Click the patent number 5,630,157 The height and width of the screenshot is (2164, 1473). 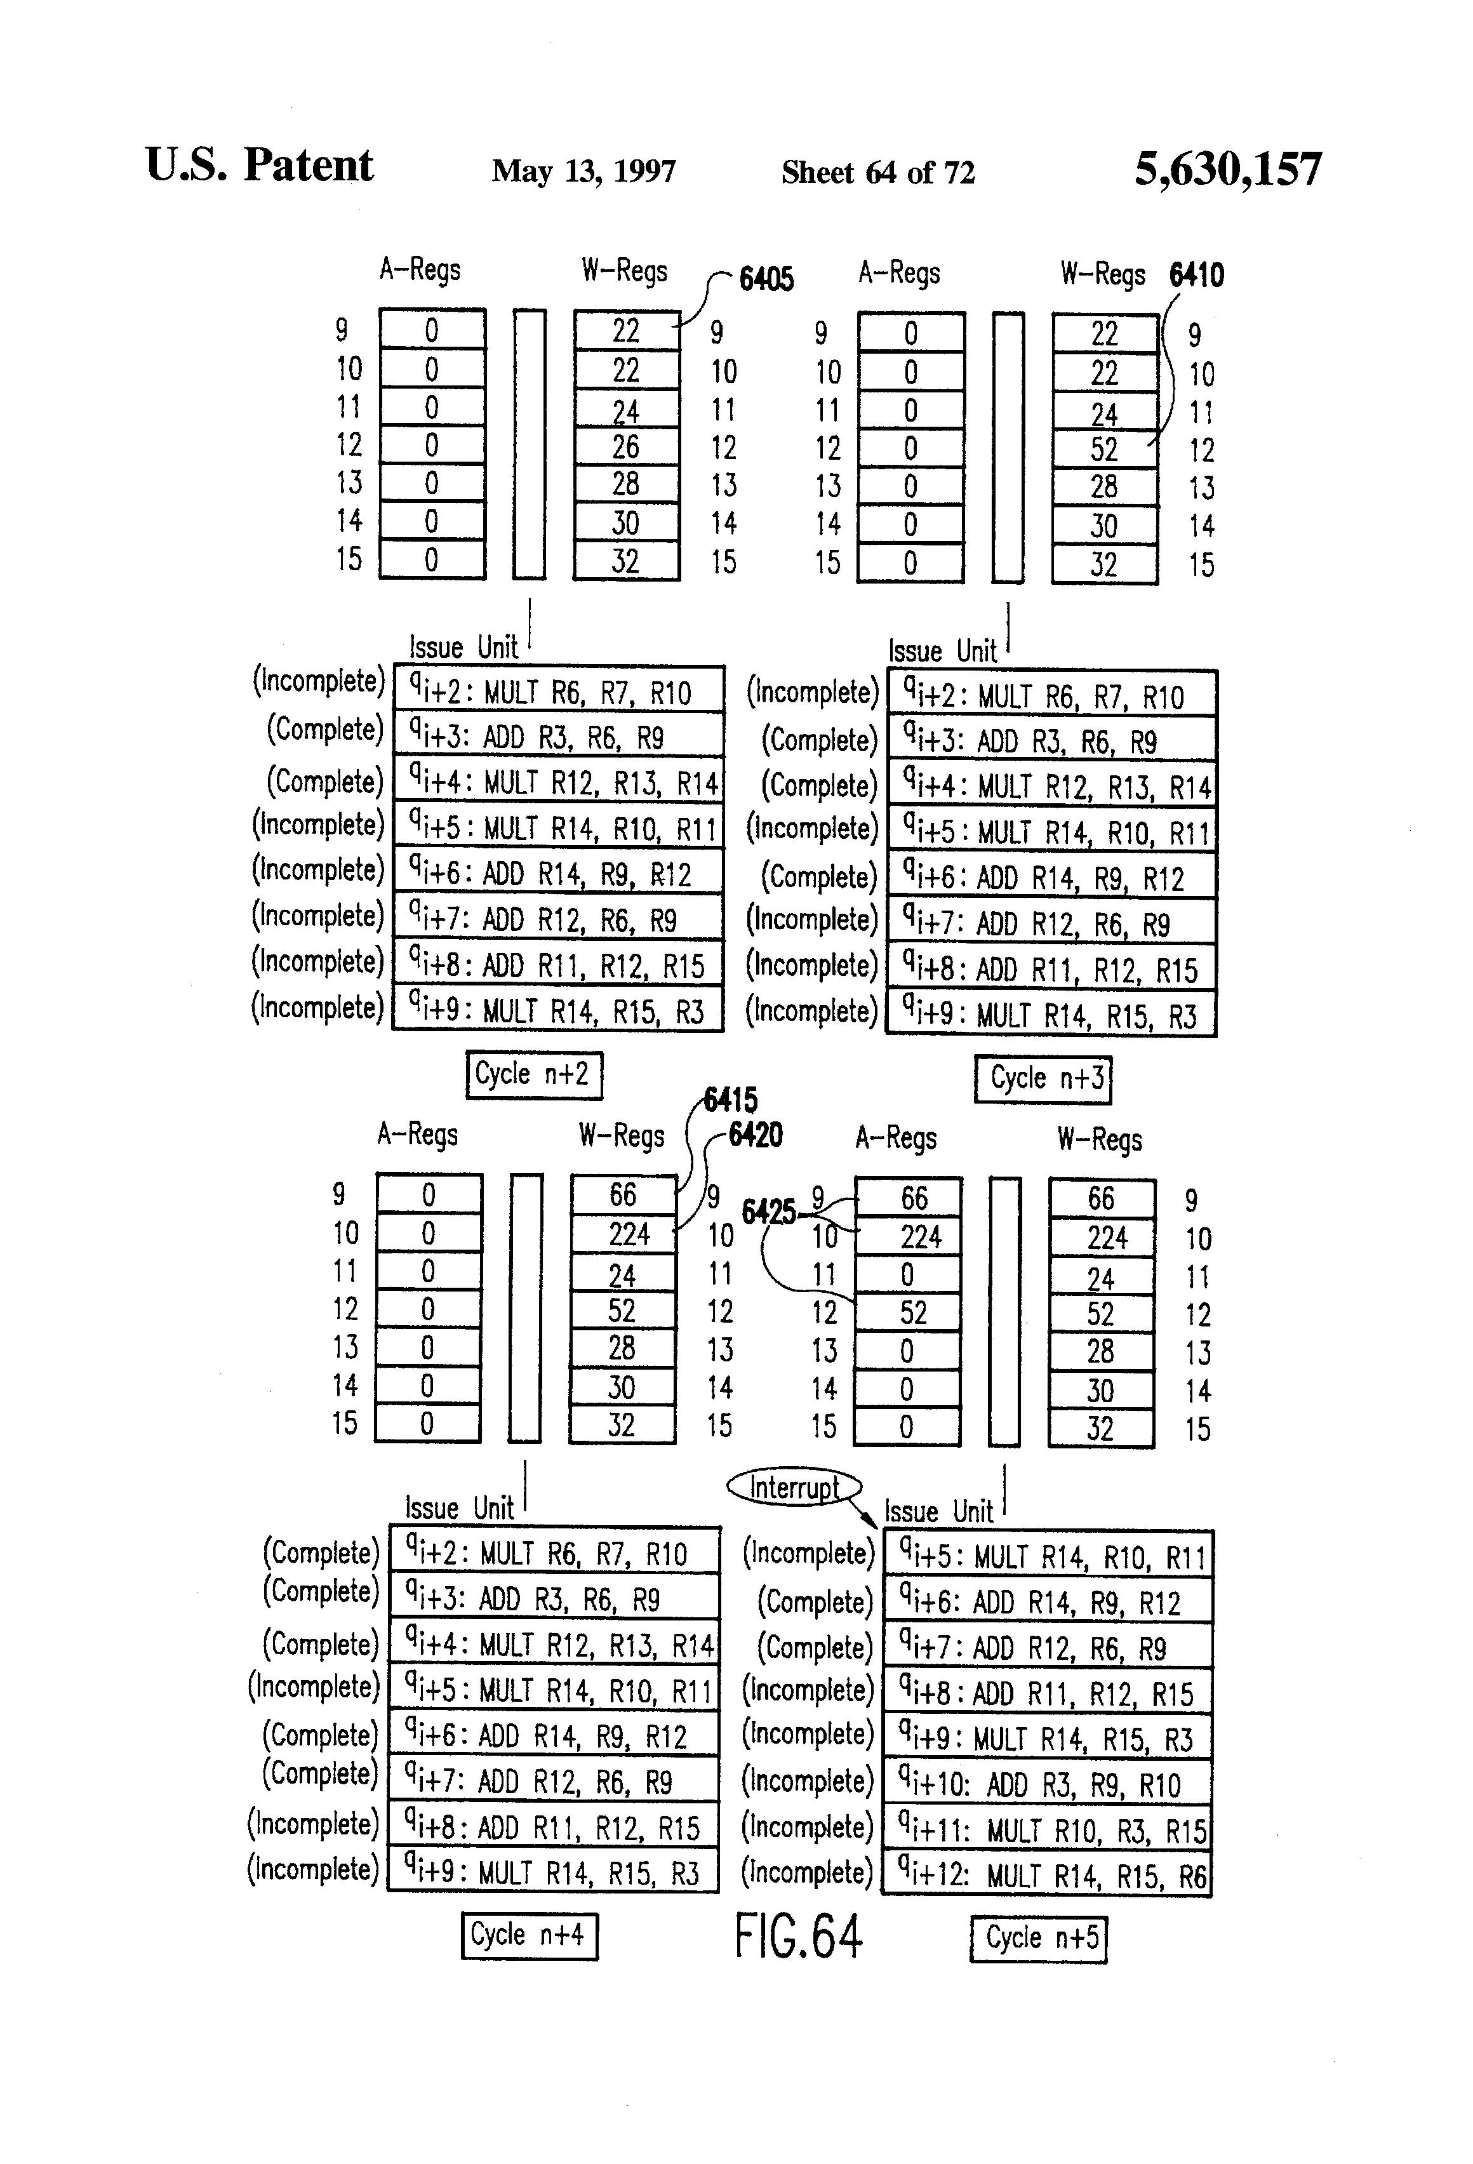[1227, 170]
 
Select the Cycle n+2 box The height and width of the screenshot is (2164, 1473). [533, 1074]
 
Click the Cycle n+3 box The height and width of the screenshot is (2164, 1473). [1043, 1078]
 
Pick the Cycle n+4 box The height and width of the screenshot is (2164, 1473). [529, 1935]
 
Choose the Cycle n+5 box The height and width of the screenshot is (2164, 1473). [1038, 1938]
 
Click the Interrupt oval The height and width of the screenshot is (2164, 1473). [793, 1487]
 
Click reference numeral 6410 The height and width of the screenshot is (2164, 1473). [1196, 275]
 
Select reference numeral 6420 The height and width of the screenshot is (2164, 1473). [755, 1135]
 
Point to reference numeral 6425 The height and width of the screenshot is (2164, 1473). [768, 1212]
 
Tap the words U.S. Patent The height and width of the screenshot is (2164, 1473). [259, 166]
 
